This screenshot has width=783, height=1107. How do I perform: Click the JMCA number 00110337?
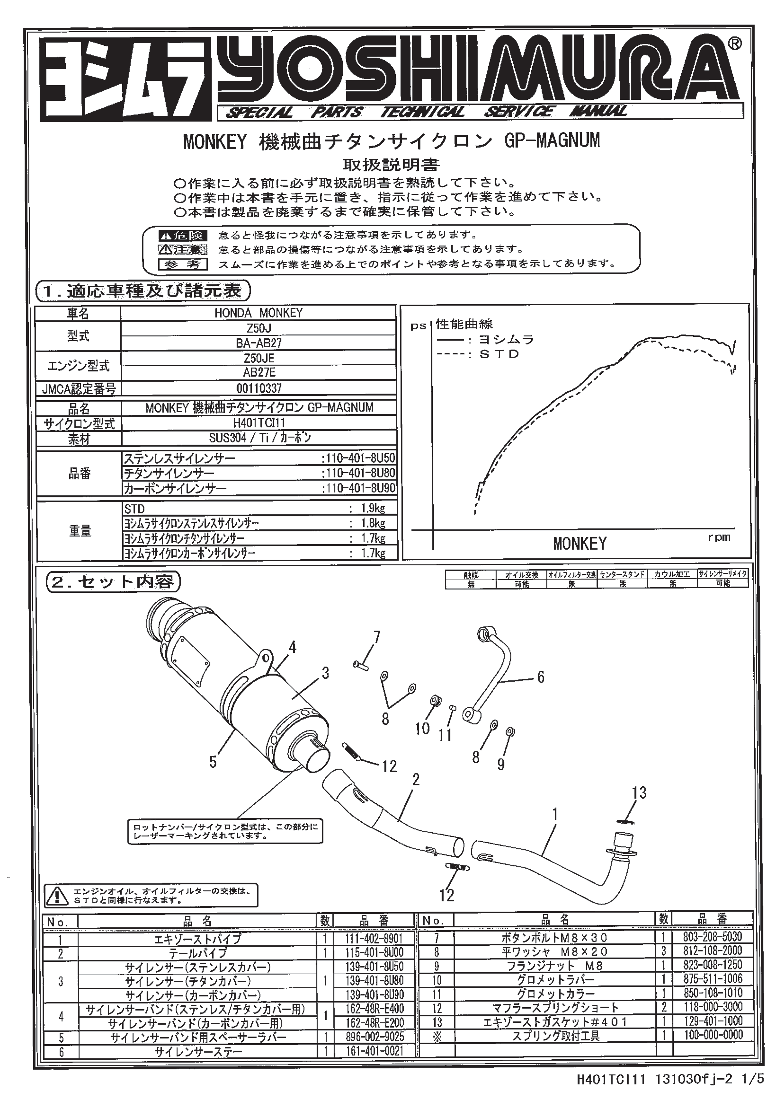[x=259, y=388]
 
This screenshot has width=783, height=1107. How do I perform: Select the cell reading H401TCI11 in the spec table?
[x=259, y=423]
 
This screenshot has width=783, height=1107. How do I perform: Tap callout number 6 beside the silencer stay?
[x=540, y=677]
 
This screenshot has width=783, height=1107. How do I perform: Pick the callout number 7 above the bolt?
[x=377, y=637]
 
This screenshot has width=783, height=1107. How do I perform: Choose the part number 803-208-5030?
[x=712, y=937]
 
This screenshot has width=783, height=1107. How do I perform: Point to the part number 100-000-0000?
[x=712, y=1035]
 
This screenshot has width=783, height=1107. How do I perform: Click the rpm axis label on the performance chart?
[x=719, y=537]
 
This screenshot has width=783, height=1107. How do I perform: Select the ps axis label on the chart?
[x=418, y=326]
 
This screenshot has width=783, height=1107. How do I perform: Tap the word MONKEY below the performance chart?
[x=579, y=544]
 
